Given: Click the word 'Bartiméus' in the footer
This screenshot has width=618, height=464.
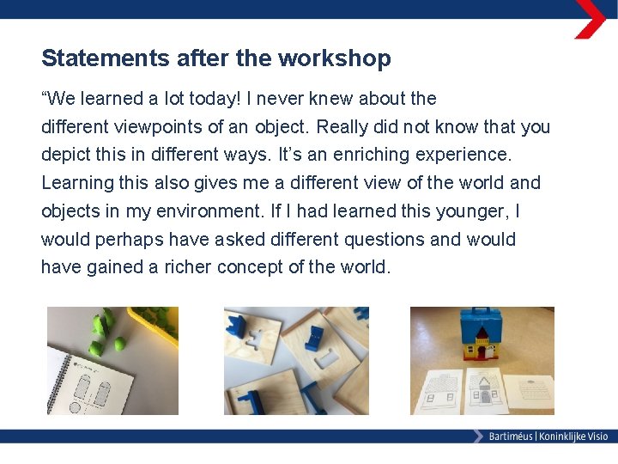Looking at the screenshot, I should (x=510, y=437).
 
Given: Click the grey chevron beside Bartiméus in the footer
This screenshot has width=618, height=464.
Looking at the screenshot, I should (x=478, y=437).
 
